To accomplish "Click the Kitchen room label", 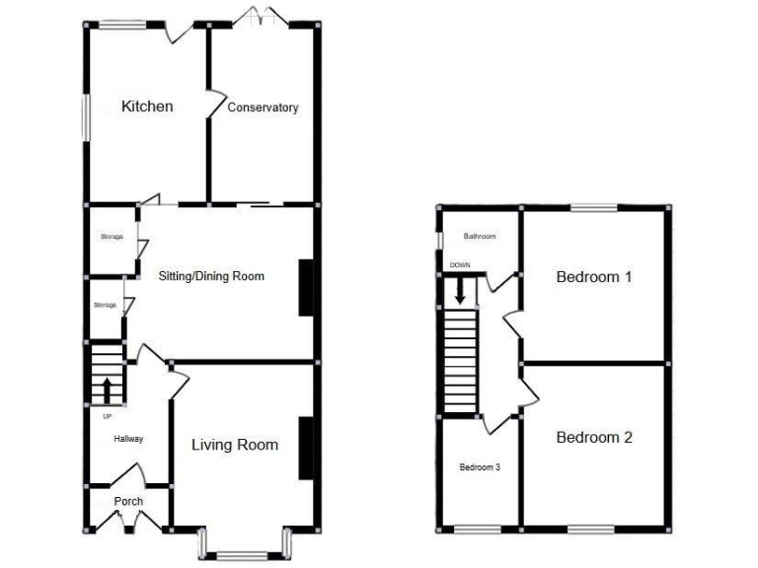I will pos(147,106).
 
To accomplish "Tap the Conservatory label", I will pos(263,107).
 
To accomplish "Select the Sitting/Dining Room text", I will pos(211,276).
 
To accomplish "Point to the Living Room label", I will pos(234,445).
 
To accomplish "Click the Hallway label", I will pos(128,439).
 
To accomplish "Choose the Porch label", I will pos(128,501).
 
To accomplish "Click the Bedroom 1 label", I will pos(594,277).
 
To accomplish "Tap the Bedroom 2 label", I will pos(594,438).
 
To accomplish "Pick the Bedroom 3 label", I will pos(480,466).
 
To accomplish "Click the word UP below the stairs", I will pos(107,416).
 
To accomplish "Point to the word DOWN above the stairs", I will pos(460,265).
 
